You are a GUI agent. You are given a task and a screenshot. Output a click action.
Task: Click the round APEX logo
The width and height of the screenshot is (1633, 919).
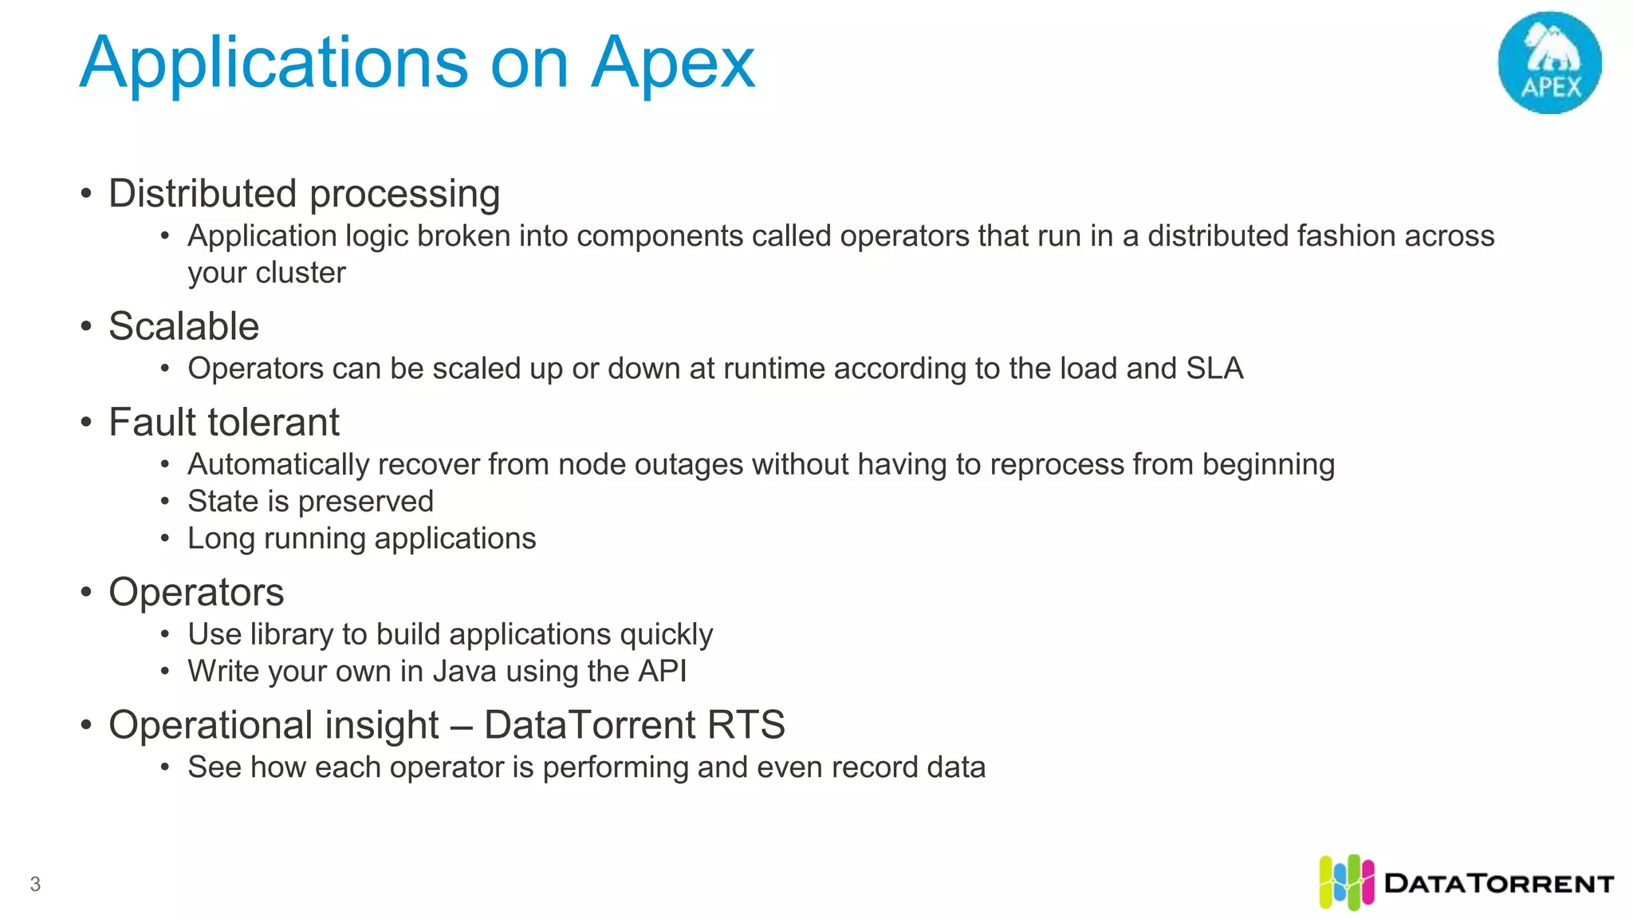tap(1549, 62)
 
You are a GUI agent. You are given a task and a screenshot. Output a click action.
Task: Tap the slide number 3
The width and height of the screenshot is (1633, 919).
tap(35, 884)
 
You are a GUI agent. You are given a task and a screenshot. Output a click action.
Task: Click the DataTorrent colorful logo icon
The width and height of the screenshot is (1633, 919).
tap(1346, 882)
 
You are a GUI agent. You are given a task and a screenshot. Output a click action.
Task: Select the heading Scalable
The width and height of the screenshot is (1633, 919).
tap(183, 326)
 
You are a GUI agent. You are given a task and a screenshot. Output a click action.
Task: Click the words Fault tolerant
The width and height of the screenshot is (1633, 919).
tap(224, 422)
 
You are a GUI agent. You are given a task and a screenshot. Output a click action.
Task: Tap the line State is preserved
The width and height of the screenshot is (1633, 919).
tap(310, 501)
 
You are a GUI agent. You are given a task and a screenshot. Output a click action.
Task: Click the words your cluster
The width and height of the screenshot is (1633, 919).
tap(266, 273)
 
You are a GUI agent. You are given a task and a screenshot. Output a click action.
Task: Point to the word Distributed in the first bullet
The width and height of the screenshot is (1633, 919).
tap(203, 194)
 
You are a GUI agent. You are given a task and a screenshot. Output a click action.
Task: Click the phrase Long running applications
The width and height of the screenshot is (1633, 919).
tap(361, 538)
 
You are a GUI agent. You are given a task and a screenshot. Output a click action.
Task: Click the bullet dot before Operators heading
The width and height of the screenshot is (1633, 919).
tap(86, 592)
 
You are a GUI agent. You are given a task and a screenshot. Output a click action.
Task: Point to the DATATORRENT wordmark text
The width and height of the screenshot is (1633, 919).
tap(1499, 884)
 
